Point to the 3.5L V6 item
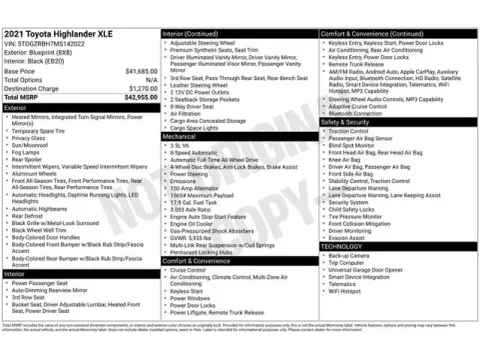181,144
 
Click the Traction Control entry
349,131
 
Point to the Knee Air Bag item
345,158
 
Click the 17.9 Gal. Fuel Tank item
195,203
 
